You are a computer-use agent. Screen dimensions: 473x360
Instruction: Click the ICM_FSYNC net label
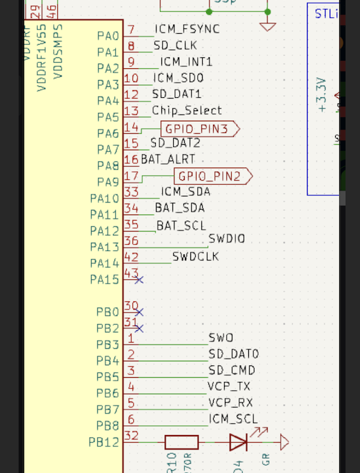point(187,29)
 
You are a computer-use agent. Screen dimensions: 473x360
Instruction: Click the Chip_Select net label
point(186,110)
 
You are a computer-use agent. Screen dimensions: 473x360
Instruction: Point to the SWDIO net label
point(226,239)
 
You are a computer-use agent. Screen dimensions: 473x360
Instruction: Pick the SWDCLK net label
point(195,256)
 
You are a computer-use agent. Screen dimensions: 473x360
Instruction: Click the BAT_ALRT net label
point(168,159)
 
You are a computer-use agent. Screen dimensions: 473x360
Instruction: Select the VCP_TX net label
point(229,386)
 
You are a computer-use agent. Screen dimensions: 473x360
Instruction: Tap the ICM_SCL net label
point(233,419)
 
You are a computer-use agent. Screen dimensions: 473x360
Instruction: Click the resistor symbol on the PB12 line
point(181,442)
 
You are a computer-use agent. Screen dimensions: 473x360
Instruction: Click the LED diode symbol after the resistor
point(239,442)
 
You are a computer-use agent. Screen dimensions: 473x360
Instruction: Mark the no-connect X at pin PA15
point(139,280)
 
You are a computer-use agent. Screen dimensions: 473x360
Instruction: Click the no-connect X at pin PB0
point(139,312)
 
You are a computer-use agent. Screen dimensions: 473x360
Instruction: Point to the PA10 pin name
point(104,199)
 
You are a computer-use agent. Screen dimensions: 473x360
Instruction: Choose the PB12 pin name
point(103,443)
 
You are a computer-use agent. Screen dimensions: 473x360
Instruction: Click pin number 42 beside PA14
point(131,256)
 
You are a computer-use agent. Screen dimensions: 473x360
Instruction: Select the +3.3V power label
point(321,94)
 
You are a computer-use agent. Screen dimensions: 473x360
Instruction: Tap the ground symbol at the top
point(268,26)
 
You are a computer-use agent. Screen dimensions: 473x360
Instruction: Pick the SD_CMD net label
point(232,370)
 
